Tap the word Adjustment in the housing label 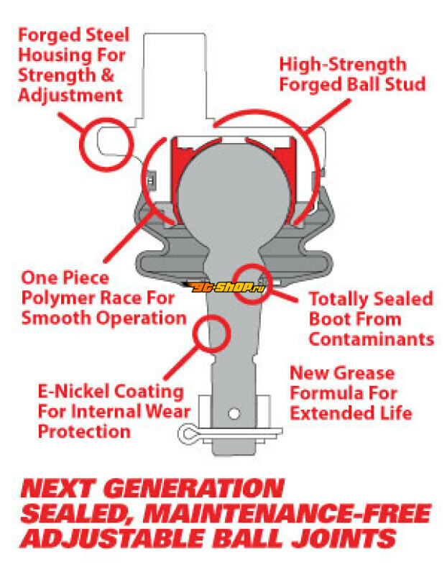[x=70, y=96]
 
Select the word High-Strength [x=343, y=65]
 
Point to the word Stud [x=405, y=84]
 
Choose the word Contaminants [x=372, y=339]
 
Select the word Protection [x=84, y=431]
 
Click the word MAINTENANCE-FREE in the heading [x=287, y=513]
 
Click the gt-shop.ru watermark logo [x=223, y=287]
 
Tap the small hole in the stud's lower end [x=234, y=414]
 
